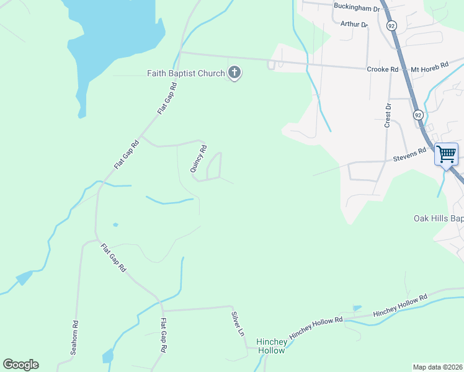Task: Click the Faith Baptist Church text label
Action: point(185,73)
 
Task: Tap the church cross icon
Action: point(234,73)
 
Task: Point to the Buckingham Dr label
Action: point(355,7)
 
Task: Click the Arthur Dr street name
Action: point(354,24)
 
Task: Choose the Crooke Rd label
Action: point(382,69)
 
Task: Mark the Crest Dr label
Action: point(389,115)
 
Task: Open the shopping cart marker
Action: point(447,153)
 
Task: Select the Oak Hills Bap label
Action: point(439,218)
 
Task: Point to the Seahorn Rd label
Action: point(75,337)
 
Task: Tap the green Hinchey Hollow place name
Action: point(272,346)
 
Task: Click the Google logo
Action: point(20,365)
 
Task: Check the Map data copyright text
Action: point(438,367)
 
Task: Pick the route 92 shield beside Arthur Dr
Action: point(391,25)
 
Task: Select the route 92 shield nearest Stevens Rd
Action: point(418,115)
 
